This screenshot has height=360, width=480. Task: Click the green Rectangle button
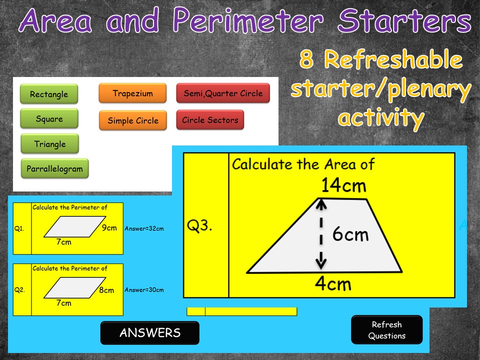click(49, 93)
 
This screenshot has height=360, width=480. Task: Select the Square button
click(49, 118)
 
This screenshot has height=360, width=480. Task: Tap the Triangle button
click(50, 143)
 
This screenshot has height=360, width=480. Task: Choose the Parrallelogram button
click(55, 168)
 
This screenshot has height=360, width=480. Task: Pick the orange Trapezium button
click(132, 93)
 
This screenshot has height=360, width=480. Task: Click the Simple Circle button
click(133, 120)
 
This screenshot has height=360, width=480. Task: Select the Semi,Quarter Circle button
click(223, 93)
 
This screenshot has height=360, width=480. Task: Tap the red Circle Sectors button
click(210, 119)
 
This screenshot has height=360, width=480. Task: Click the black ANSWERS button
click(149, 333)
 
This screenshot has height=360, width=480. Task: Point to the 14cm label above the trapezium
click(343, 185)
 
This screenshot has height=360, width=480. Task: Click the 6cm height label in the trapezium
click(350, 234)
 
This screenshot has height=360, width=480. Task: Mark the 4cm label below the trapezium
click(333, 284)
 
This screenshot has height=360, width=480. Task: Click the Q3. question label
click(199, 226)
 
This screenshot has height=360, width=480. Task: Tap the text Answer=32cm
click(144, 228)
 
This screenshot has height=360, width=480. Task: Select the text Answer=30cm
click(144, 289)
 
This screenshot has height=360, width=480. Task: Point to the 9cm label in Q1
click(109, 228)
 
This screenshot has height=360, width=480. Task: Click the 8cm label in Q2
click(106, 290)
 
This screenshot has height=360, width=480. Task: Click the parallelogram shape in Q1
click(74, 226)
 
